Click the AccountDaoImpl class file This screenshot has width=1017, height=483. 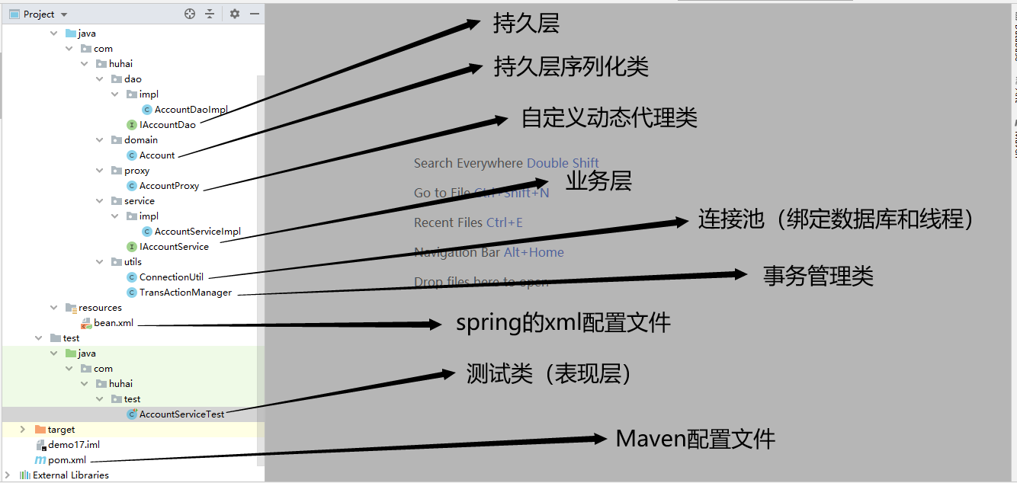(191, 110)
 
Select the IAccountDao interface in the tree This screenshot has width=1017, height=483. (167, 125)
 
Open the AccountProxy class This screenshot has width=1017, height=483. (168, 186)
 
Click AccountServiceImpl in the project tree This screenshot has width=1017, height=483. (197, 232)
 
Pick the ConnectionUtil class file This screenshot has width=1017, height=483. (171, 277)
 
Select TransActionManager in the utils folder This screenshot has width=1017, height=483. (184, 293)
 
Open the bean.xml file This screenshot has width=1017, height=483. (114, 323)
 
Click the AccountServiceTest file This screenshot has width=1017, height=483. (181, 414)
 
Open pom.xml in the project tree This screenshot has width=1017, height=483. (67, 460)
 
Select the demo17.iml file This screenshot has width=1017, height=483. (73, 445)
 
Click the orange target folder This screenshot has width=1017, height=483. (61, 430)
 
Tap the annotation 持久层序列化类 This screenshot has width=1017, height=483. (571, 67)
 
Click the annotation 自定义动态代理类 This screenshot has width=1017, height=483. (609, 118)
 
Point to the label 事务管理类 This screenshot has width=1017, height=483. (818, 276)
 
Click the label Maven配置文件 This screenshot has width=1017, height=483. (695, 439)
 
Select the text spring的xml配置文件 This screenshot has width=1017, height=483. (563, 323)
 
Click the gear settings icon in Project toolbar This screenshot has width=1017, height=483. (235, 14)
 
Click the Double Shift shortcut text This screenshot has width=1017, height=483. (563, 163)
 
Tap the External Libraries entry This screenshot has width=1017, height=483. (71, 475)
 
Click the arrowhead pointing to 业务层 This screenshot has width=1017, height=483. (541, 183)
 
